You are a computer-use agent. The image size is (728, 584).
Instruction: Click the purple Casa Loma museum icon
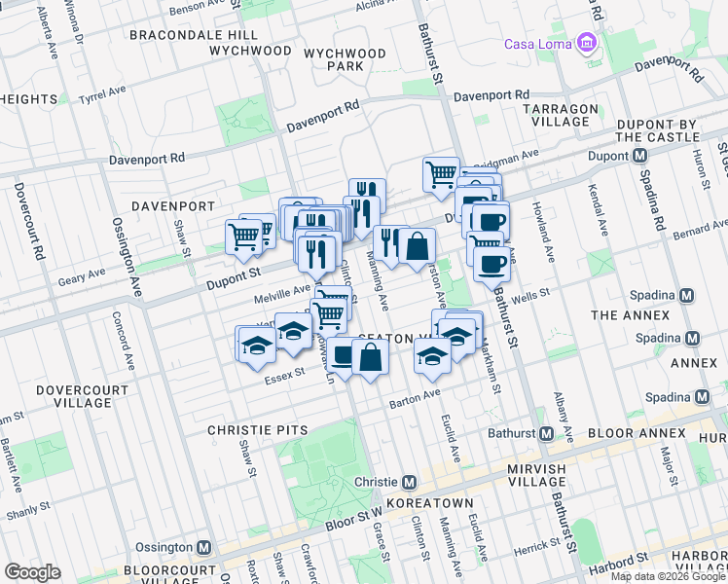point(586,44)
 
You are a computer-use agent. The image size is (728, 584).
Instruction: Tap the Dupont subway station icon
point(639,156)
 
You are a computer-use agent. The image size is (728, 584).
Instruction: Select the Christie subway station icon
point(410,482)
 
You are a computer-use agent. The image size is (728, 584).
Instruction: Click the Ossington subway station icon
point(204,547)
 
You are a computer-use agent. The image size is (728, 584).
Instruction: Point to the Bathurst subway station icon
point(546,433)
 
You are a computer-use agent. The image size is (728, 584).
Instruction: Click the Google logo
point(32,572)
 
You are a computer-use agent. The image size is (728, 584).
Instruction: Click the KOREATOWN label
point(429,503)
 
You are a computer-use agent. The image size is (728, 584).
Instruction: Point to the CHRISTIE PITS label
point(257,430)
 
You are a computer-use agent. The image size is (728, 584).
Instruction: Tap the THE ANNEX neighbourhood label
point(630,315)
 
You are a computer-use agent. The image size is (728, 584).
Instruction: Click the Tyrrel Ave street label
point(102,96)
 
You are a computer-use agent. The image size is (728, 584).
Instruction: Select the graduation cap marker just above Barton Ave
point(432,358)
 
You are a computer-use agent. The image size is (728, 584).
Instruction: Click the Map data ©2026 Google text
point(667,576)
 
